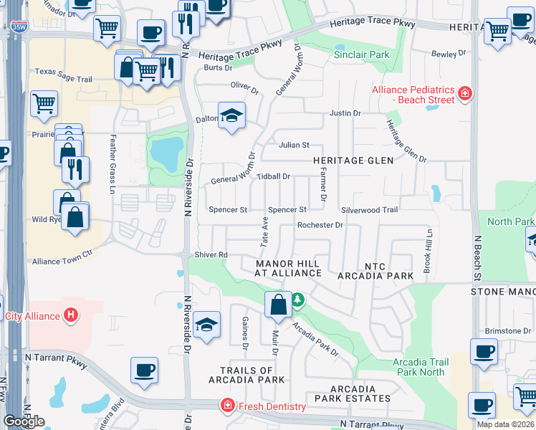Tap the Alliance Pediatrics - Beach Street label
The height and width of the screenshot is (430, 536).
pos(413,95)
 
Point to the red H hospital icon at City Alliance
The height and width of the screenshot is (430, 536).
pos(70,315)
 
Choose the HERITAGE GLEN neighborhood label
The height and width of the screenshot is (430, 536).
pos(354,161)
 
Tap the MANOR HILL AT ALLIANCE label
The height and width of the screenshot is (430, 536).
pos(289,268)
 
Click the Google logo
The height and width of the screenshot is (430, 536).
pos(24,421)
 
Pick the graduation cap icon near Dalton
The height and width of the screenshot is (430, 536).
pos(231,115)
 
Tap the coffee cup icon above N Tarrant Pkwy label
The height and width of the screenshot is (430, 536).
pos(144,369)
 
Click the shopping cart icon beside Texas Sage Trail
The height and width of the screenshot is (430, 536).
pos(147,70)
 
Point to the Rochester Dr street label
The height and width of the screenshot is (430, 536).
pos(320,225)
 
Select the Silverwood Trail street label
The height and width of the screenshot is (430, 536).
pos(369,210)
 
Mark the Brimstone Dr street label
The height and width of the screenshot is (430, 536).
pos(507,330)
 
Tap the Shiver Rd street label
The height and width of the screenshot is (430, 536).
pos(211,254)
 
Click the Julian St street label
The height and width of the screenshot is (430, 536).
pos(294,145)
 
